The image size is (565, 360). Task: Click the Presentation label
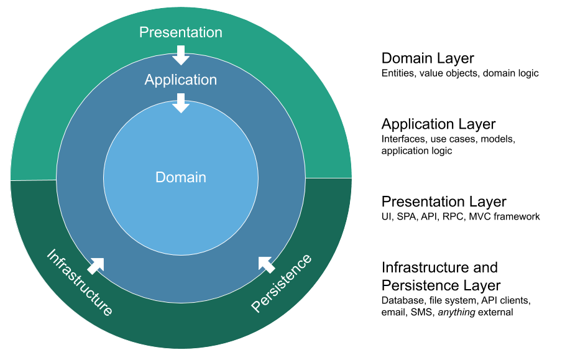180,32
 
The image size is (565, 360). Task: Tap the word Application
180,80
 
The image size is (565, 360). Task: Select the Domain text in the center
180,177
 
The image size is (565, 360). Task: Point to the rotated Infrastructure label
80,283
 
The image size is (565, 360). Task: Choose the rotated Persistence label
282,283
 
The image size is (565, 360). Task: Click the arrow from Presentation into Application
180,55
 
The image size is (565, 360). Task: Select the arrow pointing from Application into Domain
180,103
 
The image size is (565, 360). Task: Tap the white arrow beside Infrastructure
96,265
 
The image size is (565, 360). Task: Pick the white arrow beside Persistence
266,264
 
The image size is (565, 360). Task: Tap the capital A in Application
149,80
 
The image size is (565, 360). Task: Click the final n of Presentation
218,32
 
